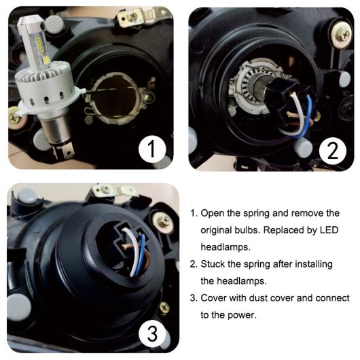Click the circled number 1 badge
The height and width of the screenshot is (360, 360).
coord(151,149)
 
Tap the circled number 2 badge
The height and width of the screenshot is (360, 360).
coord(332,151)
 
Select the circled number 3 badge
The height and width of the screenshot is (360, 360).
coord(151,334)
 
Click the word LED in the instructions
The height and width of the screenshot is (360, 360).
coord(329,230)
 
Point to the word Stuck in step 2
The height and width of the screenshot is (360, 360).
coord(213,264)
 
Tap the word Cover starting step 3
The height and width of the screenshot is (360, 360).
coord(213,298)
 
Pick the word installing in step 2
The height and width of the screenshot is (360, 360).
coord(314,264)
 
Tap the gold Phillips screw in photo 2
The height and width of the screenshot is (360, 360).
coord(342,35)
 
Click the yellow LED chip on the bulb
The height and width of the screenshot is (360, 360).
coord(47,60)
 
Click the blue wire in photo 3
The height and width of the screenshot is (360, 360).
coord(141,254)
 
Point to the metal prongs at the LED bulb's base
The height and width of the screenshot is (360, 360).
coord(62,151)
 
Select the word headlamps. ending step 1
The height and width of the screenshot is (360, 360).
coord(226,247)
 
